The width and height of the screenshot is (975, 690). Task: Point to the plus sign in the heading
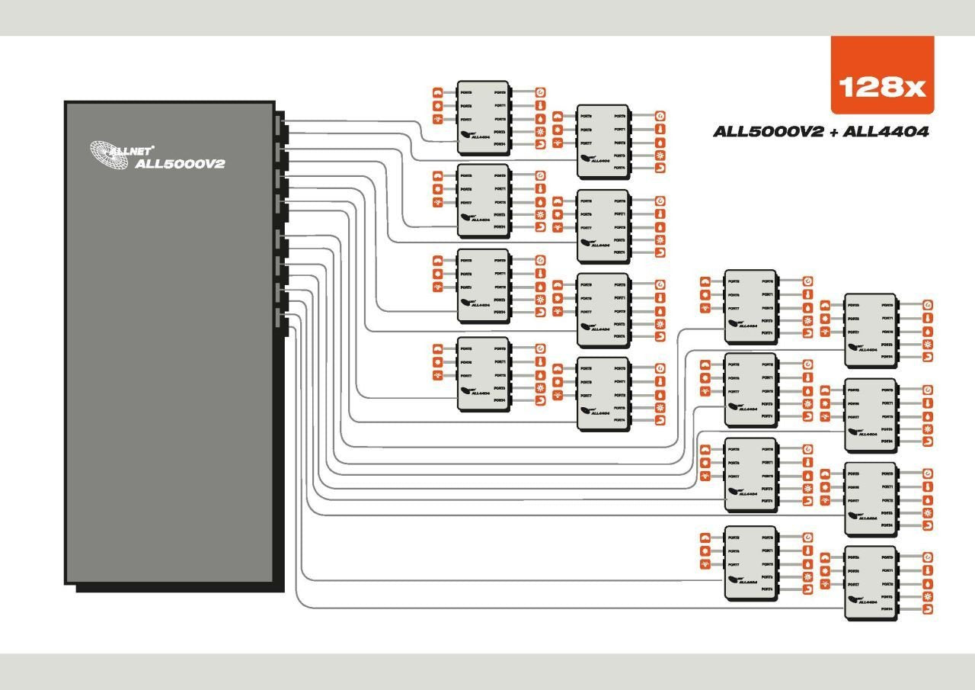[833, 132]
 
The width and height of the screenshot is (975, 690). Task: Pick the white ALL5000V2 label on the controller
[180, 163]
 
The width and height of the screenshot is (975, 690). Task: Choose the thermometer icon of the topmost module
[541, 105]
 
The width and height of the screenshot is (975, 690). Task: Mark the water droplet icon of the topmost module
[541, 119]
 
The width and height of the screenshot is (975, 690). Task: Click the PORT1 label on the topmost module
[500, 105]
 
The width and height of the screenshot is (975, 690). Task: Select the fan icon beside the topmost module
[438, 120]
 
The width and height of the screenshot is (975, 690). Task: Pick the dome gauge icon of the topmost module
[438, 92]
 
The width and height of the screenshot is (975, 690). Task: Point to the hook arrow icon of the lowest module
[927, 610]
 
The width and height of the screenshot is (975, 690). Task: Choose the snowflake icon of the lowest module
[927, 597]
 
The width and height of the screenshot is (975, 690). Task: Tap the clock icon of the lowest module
[927, 557]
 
